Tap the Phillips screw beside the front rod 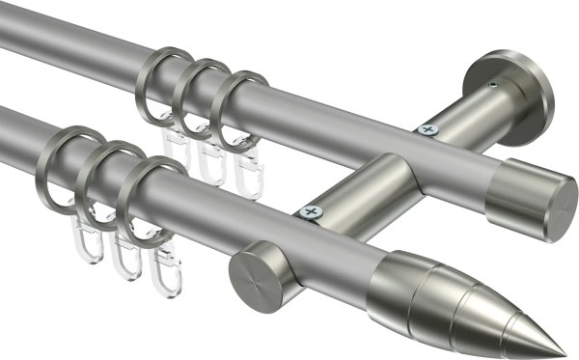310,210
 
